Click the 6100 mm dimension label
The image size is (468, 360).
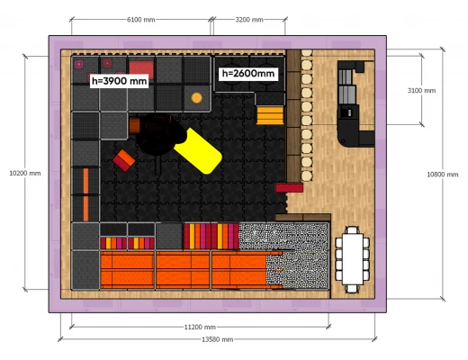click(141, 20)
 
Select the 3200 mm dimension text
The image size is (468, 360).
click(249, 20)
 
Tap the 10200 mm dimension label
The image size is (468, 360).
click(25, 173)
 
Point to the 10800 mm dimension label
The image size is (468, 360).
click(443, 175)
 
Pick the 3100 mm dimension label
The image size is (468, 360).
click(421, 90)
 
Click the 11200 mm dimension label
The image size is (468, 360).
click(200, 327)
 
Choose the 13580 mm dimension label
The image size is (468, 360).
click(218, 339)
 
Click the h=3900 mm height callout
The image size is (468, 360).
click(119, 81)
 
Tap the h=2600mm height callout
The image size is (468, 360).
click(248, 74)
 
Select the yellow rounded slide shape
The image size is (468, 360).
click(198, 151)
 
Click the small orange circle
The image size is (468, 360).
click(197, 98)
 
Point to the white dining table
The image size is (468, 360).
click(352, 259)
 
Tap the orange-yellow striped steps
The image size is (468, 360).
click(270, 115)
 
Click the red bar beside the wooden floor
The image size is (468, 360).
click(289, 188)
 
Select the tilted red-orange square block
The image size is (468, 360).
click(124, 160)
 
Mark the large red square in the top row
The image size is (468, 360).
click(141, 69)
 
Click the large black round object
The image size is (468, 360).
click(157, 134)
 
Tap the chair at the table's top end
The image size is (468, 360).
click(353, 230)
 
